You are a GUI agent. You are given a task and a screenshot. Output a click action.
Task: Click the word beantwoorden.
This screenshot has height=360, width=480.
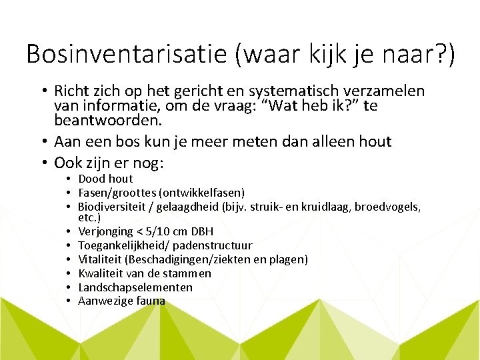click(x=107, y=121)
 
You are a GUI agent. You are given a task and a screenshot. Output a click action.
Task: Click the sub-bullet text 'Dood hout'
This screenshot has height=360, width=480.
click(x=105, y=179)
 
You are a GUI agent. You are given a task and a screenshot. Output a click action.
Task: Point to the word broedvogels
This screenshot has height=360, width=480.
click(x=387, y=207)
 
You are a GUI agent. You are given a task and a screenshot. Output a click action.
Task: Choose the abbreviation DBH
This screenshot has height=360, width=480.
click(x=201, y=231)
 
